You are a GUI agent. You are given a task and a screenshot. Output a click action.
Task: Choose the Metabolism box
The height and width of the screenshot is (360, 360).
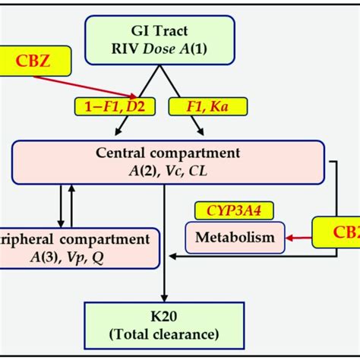tap(235, 238)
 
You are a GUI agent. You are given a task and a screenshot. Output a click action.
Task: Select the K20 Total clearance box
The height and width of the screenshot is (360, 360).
tap(164, 326)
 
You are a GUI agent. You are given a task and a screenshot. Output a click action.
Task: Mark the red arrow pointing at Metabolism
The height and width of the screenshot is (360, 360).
tap(300, 238)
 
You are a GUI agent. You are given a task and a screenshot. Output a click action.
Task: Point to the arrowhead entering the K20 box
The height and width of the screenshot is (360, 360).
tap(164, 298)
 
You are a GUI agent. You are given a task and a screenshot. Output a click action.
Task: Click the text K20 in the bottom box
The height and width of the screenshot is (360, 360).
tap(164, 317)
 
